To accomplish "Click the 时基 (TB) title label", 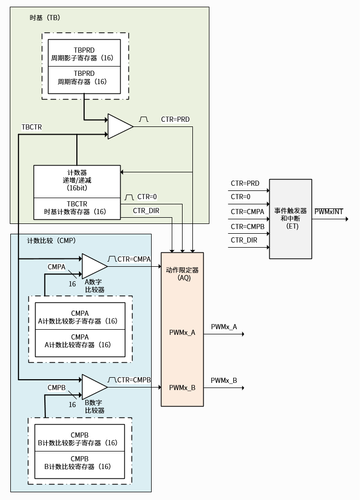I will click(45, 18).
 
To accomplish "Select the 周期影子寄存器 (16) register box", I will click(84, 53).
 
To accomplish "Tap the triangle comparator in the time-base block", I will click(119, 126).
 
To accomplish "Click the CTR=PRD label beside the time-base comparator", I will click(175, 119).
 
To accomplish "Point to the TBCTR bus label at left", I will click(32, 127).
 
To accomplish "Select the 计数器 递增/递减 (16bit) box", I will click(77, 181).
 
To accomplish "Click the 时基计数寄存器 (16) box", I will click(77, 208).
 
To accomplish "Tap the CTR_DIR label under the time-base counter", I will click(146, 211).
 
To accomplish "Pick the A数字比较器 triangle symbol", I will click(94, 266).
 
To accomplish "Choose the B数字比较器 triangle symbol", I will click(94, 386).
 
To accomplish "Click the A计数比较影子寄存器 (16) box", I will click(80, 317).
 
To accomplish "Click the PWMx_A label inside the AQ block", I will click(182, 333).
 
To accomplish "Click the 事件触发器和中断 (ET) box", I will click(290, 219).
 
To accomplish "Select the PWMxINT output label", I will click(329, 212).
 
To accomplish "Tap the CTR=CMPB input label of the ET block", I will click(247, 227).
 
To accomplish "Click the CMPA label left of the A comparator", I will click(57, 267).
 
